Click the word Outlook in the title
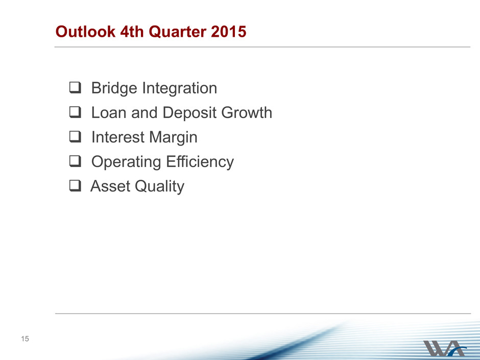[85, 32]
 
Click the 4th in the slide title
[132, 32]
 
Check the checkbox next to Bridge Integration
[75, 87]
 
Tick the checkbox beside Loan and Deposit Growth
[75, 112]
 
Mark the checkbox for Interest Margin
[75, 136]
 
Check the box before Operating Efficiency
[75, 161]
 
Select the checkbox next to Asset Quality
[75, 185]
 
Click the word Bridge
[114, 88]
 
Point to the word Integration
[180, 88]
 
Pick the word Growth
[247, 112]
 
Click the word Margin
[174, 137]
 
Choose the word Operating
[126, 162]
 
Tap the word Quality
[159, 186]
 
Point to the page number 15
[25, 339]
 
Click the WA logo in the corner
[444, 348]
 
